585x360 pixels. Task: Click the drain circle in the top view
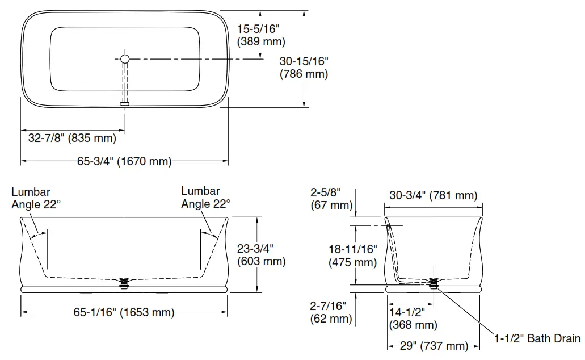tap(125, 58)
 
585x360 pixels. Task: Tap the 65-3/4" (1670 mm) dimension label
tap(124, 162)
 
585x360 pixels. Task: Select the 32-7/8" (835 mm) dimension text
tap(72, 138)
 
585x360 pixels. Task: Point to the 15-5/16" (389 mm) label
tap(261, 35)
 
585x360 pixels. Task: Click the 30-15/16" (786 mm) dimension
tap(304, 67)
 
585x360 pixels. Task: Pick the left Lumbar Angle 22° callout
tap(33, 198)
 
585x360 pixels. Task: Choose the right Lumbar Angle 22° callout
tap(205, 198)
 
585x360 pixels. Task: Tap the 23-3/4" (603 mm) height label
tap(261, 254)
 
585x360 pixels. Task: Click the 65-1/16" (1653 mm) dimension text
tap(124, 312)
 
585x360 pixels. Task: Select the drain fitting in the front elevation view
tap(125, 282)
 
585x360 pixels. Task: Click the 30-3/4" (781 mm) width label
tap(433, 196)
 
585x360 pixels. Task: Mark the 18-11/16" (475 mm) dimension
tap(352, 255)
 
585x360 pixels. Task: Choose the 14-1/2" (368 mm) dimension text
tap(413, 319)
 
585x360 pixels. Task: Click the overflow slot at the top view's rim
tap(125, 103)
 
